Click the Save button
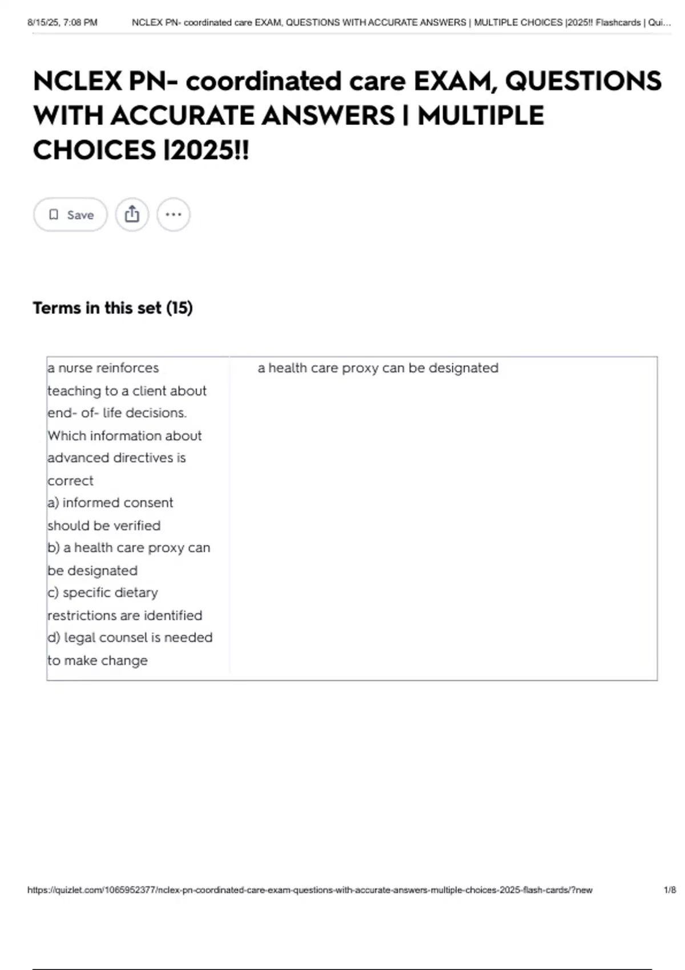pos(70,215)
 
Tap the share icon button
pos(132,215)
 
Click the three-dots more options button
pos(173,215)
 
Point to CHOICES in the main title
pos(94,150)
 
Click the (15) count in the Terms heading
pos(179,308)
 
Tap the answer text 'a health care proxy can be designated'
pos(378,368)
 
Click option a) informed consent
pos(110,503)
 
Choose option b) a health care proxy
pos(129,548)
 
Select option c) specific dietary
pos(103,593)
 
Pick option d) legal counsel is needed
pos(130,637)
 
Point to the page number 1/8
pos(670,890)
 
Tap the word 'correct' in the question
pos(70,480)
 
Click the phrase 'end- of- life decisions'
pos(117,413)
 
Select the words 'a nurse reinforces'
pos(103,368)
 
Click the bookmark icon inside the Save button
pos(54,215)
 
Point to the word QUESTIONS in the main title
pos(583,81)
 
